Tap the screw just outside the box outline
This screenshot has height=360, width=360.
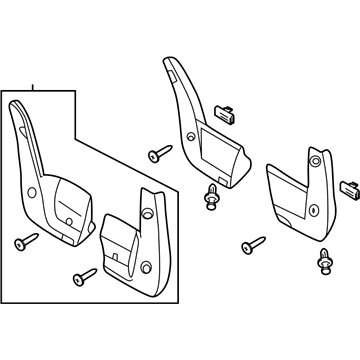tap(158, 153)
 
